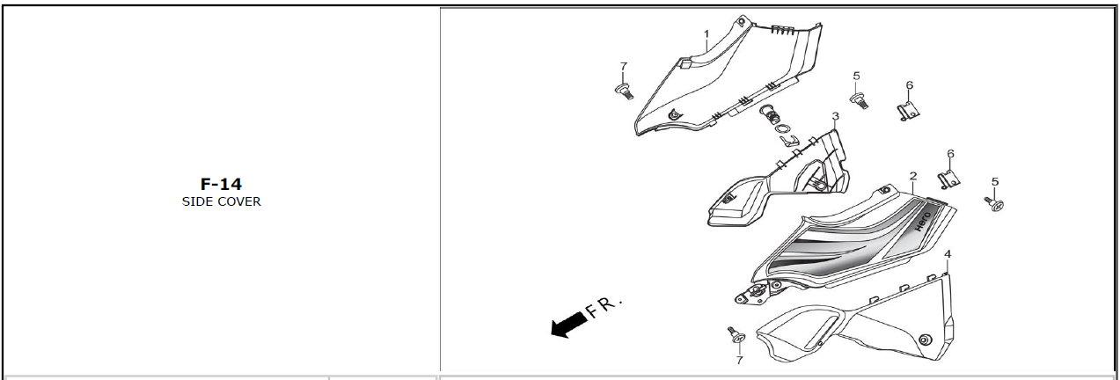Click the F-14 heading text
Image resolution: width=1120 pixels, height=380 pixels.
pos(221,184)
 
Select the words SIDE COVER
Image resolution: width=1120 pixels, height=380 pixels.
pos(221,201)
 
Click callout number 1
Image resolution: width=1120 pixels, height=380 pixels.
pos(706,34)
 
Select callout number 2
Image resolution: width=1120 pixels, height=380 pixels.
pos(913,177)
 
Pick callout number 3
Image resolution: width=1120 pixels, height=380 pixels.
pos(835,116)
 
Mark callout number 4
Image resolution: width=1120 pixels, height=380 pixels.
pos(947,254)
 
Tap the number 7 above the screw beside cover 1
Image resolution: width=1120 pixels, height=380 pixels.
pos(623,67)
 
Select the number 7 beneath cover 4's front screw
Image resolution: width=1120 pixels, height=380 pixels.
pos(739,360)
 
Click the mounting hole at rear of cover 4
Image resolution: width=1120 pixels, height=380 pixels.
pos(924,340)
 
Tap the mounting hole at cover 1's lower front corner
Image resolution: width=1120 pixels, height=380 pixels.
pos(674,113)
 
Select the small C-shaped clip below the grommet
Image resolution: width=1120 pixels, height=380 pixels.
pos(787,140)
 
